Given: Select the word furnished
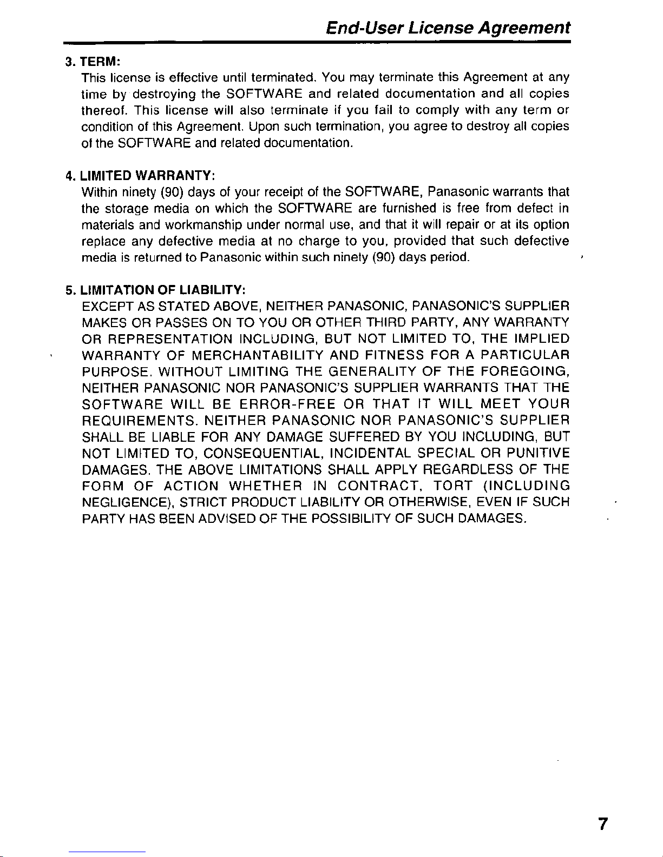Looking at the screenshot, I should pyautogui.click(x=405, y=208).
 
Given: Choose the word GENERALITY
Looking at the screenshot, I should pyautogui.click(x=372, y=371).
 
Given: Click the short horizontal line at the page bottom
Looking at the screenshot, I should pyautogui.click(x=107, y=853).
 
